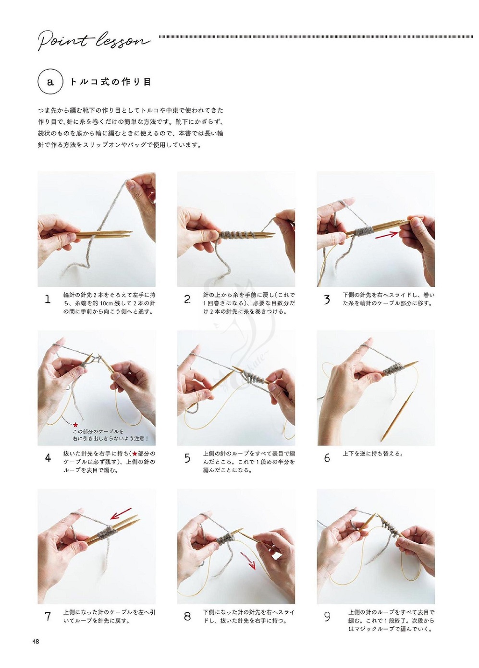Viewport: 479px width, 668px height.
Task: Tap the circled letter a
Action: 50,82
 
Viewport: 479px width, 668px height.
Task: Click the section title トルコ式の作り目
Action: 111,82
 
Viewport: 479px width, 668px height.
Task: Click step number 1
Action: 48,299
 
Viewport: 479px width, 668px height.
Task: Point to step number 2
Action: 187,299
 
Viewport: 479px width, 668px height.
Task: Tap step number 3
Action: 327,299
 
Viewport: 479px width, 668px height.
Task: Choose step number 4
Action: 48,458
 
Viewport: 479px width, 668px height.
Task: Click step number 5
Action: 187,458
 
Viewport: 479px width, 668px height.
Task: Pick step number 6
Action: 327,458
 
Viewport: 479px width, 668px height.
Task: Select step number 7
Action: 48,616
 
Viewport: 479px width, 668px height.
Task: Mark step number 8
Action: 187,616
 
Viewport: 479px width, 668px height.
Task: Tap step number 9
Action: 327,616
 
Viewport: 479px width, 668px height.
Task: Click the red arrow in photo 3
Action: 387,234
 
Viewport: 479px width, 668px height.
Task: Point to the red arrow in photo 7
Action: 121,513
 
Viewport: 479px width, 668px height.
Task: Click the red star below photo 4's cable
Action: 75,424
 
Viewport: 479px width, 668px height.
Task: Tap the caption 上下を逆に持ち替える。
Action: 373,454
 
